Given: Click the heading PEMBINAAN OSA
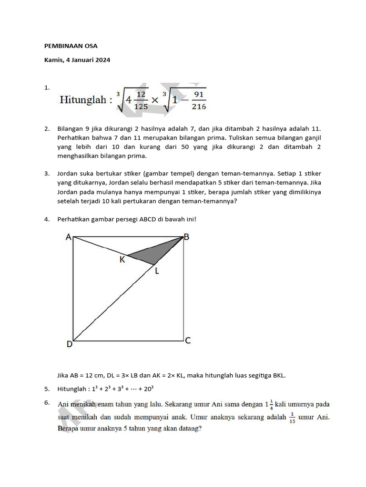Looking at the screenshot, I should (71, 47).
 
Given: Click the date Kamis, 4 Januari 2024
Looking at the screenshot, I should (77, 60).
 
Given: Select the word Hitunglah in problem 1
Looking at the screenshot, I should (82, 100).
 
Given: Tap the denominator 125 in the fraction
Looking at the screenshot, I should (141, 107).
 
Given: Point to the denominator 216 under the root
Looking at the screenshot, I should (199, 107).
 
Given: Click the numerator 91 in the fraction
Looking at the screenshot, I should (199, 95).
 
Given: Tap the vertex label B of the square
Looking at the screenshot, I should (187, 237).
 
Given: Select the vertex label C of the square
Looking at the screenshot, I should (188, 341).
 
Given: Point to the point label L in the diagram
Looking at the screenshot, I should (158, 271).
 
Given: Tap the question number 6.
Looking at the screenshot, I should (47, 403).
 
